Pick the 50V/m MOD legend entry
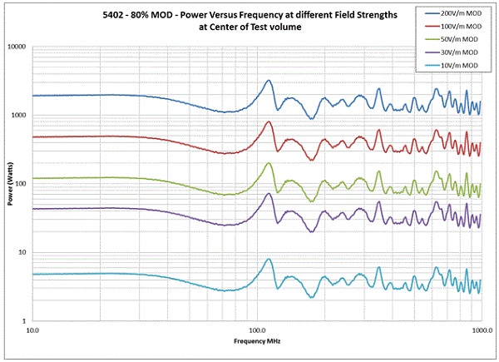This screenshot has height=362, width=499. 454,39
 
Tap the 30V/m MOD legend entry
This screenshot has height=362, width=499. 454,51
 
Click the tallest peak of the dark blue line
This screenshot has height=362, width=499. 269,81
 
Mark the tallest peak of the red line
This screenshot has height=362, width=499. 269,122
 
